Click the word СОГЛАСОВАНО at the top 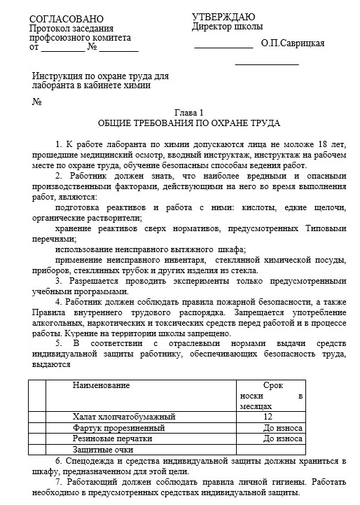pyautogui.click(x=66, y=18)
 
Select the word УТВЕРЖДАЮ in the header pyautogui.click(x=223, y=17)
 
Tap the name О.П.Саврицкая pyautogui.click(x=292, y=43)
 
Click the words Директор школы pyautogui.click(x=227, y=27)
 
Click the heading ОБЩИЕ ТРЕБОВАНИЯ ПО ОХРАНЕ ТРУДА pyautogui.click(x=188, y=123)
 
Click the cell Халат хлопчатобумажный pyautogui.click(x=119, y=417)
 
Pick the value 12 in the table pyautogui.click(x=268, y=417)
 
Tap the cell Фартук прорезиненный pyautogui.click(x=118, y=428)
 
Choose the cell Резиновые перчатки pyautogui.click(x=112, y=438)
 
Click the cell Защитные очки pyautogui.click(x=103, y=449)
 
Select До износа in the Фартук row pyautogui.click(x=282, y=428)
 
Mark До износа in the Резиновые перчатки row pyautogui.click(x=282, y=438)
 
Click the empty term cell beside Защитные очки pyautogui.click(x=270, y=449)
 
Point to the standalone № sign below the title pyautogui.click(x=37, y=102)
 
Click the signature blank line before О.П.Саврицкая pyautogui.click(x=223, y=47)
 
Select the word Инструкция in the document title pyautogui.click(x=59, y=76)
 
